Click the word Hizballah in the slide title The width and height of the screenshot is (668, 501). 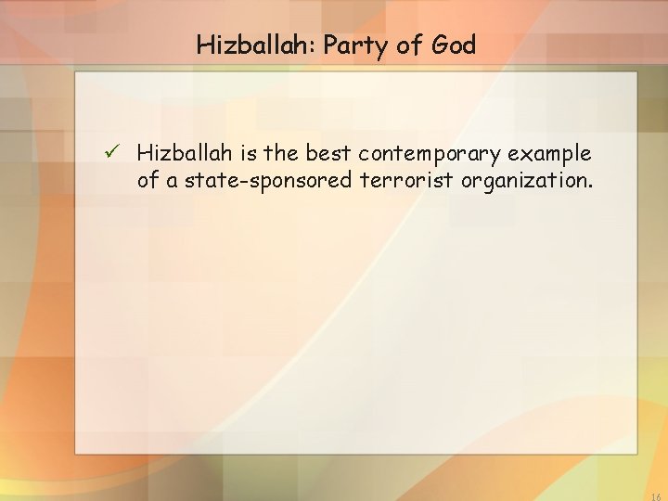(247, 45)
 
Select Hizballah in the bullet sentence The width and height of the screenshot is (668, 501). (186, 152)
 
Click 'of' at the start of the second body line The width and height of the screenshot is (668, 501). (148, 180)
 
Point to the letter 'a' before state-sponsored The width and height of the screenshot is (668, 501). (173, 181)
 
